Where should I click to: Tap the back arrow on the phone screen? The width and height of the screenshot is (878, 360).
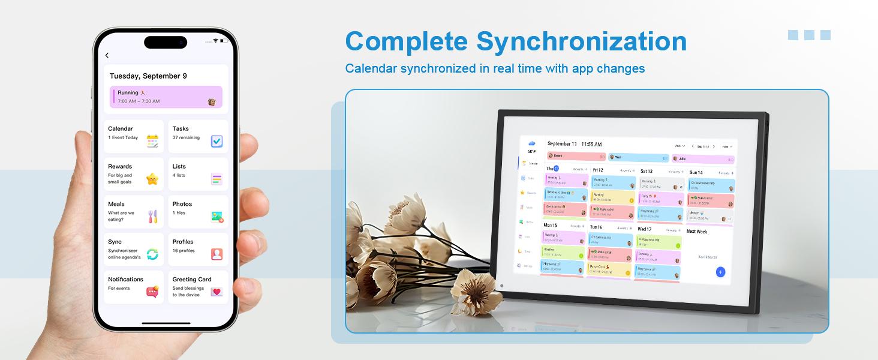[107, 56]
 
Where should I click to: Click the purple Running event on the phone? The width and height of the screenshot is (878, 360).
[166, 97]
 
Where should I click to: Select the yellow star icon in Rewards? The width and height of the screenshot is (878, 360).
[152, 179]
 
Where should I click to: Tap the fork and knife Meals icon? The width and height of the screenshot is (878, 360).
[152, 217]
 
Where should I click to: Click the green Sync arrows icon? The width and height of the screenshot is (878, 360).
[152, 254]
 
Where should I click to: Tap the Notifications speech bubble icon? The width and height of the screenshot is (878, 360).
[152, 292]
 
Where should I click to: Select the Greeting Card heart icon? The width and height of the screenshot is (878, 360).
[217, 292]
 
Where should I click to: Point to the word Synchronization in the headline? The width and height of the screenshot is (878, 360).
[581, 41]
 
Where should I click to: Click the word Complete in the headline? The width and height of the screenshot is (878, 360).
[406, 41]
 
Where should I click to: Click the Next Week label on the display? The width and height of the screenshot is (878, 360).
[696, 232]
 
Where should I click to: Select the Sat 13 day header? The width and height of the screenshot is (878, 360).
[647, 172]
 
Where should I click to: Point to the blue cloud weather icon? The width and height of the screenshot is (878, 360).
[531, 143]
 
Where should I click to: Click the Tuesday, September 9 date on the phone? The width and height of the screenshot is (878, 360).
[148, 76]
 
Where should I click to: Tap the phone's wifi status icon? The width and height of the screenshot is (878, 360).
[215, 40]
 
